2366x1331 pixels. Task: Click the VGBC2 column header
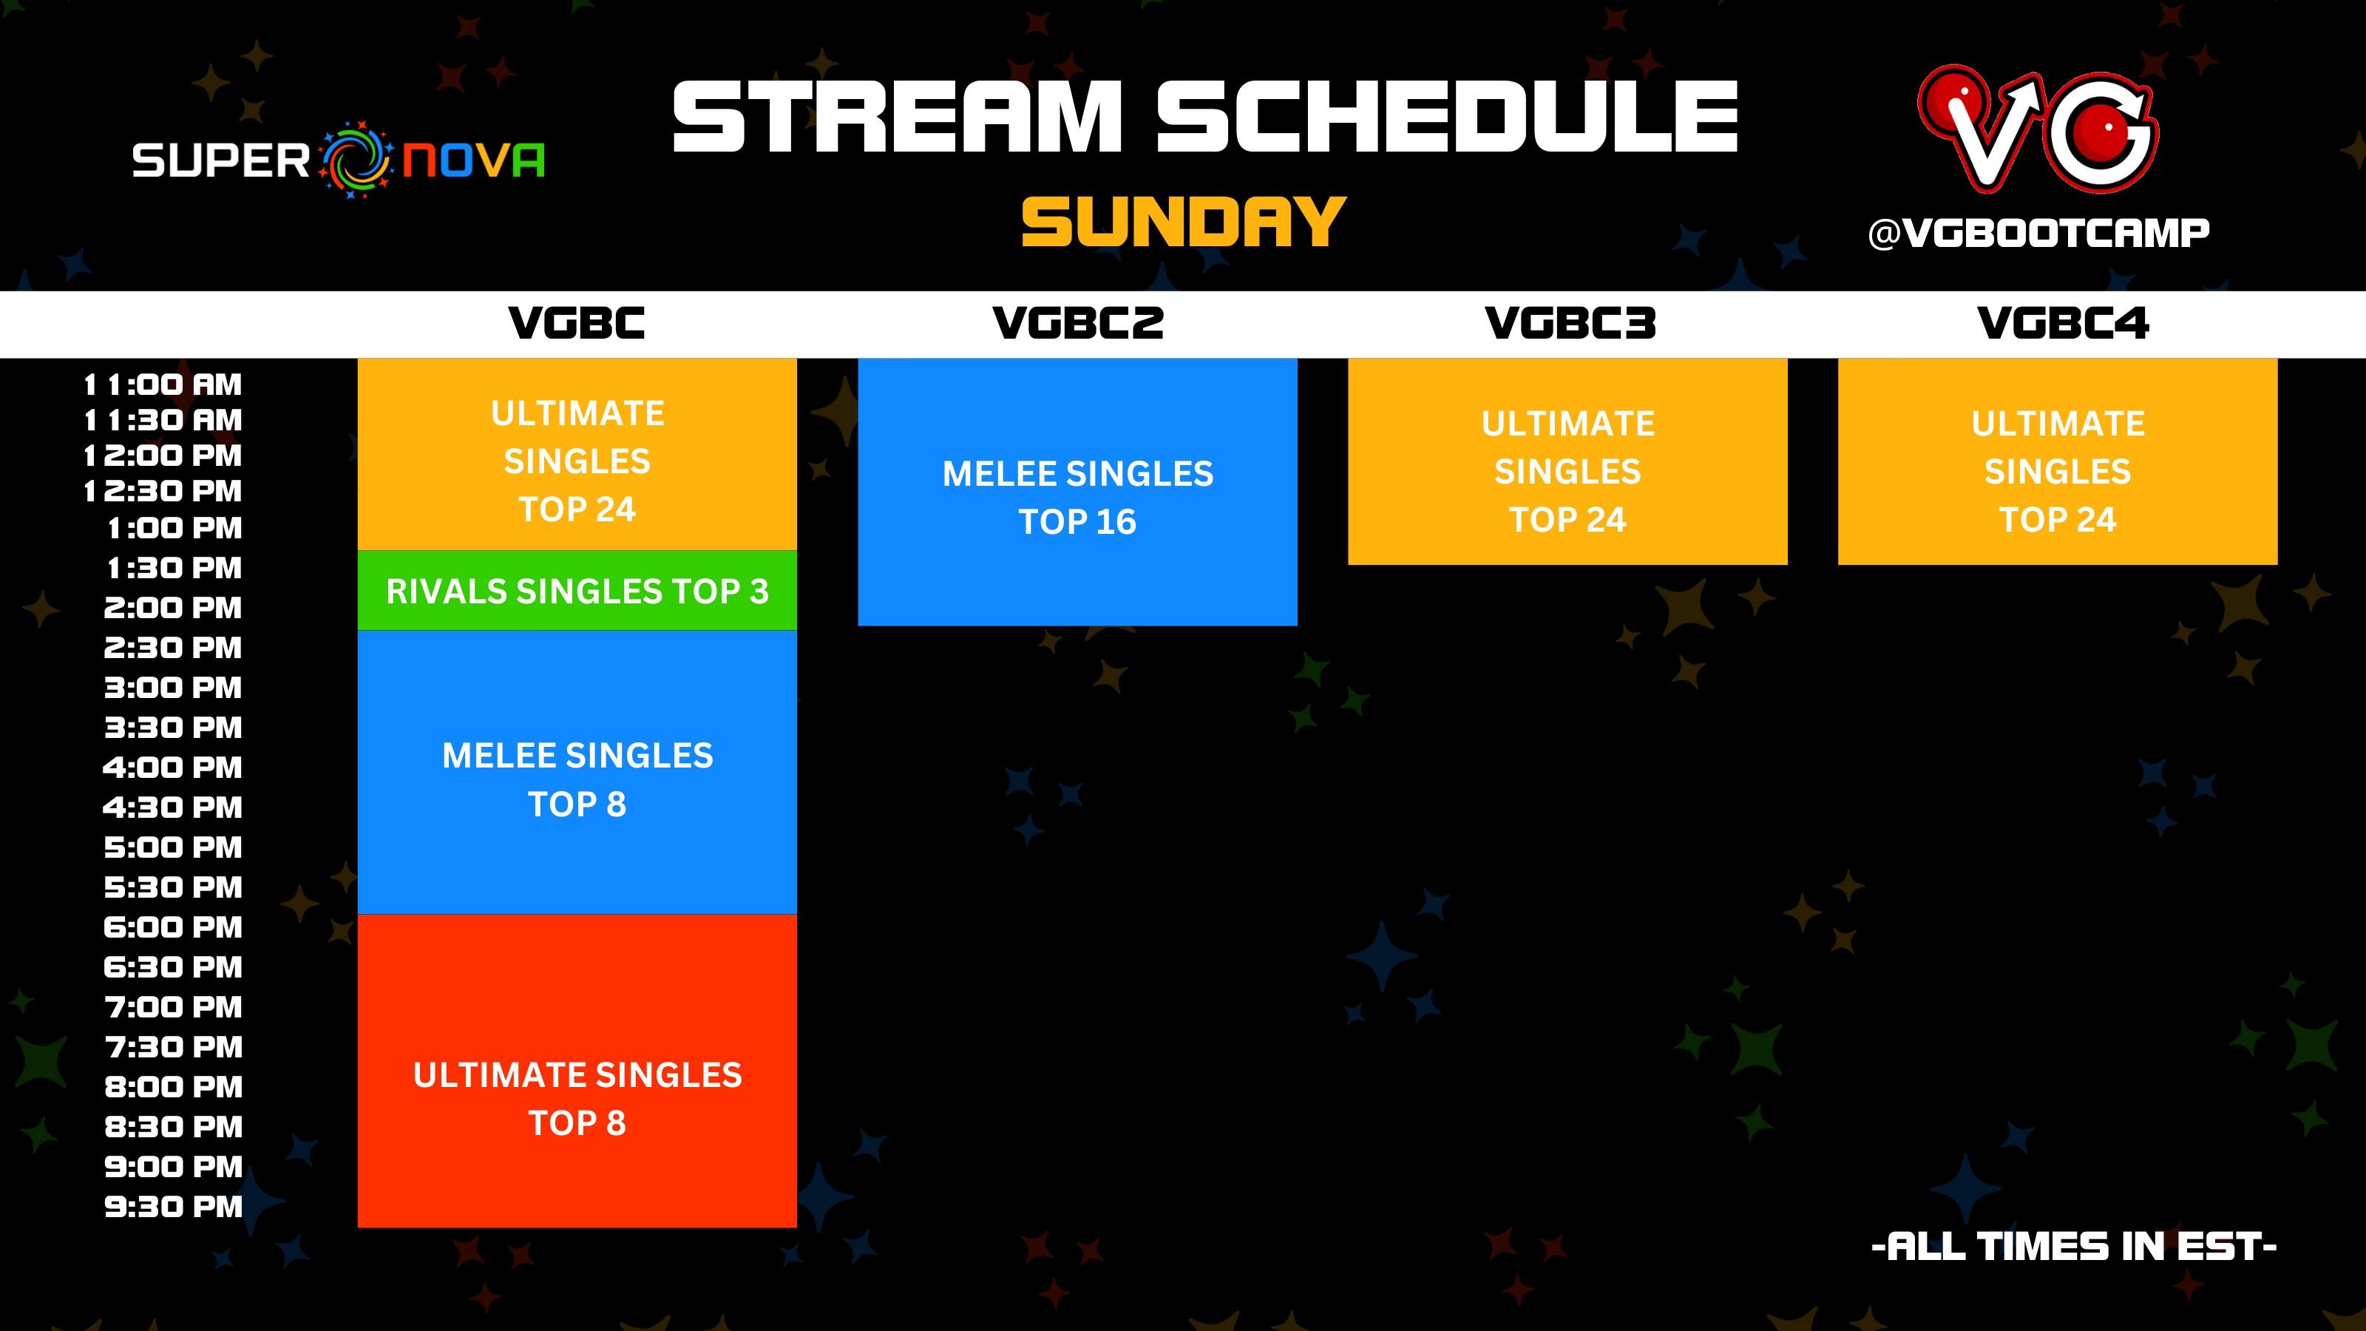tap(1077, 323)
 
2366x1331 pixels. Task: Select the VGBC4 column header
tap(2062, 323)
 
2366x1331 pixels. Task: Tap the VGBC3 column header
tap(1570, 323)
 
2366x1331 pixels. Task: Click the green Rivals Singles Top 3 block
tap(577, 592)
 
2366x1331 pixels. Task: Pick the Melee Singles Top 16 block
tap(1077, 496)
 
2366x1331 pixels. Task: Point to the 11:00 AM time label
tap(163, 384)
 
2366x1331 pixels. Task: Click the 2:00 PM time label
tap(173, 608)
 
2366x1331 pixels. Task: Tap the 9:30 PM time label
tap(173, 1207)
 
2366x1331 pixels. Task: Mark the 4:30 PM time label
tap(173, 808)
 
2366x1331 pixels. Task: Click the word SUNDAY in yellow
tap(1183, 223)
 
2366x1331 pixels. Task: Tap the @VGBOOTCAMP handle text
tap(2038, 234)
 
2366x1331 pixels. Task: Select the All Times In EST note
tap(2073, 1247)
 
